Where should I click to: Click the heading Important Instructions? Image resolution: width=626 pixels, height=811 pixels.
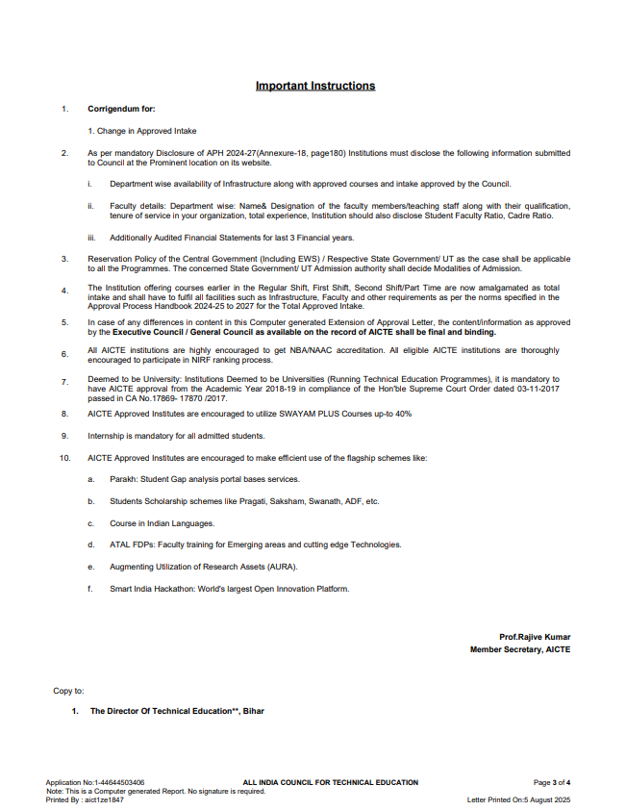pos(315,86)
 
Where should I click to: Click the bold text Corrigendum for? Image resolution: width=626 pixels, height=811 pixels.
pos(121,110)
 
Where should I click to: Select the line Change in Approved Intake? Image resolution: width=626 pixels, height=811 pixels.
pos(142,130)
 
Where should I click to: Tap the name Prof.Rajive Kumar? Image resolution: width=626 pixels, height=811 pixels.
pos(535,637)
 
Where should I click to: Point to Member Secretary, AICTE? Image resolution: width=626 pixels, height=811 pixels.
pos(519,649)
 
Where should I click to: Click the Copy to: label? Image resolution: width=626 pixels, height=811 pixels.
pos(68,691)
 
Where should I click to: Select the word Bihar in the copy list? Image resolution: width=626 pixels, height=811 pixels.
pos(253,711)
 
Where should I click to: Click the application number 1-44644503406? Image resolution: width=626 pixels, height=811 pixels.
pos(116,782)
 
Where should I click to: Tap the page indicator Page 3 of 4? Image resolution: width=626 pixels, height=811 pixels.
pos(552,782)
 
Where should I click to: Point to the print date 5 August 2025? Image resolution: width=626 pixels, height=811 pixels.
pos(547,799)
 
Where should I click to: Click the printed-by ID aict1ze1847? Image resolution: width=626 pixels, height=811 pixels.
pos(105,799)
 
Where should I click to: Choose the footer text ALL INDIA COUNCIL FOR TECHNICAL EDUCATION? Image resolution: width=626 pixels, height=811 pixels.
pos(331,782)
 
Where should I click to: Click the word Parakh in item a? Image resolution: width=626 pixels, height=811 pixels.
pos(122,478)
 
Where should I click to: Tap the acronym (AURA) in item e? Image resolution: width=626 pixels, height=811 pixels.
pos(282,566)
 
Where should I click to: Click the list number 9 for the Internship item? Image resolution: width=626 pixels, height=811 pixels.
pos(64,435)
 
